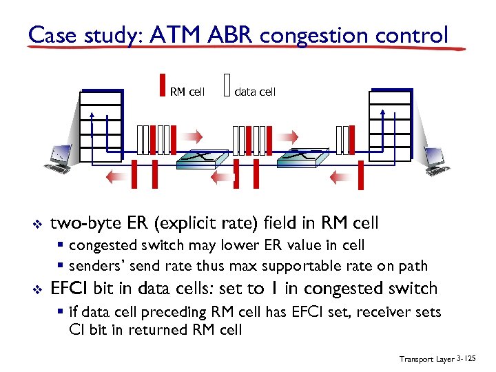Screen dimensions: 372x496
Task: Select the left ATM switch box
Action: pos(200,159)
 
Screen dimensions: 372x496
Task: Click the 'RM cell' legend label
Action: pos(187,92)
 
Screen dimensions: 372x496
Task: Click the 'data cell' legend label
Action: pos(255,92)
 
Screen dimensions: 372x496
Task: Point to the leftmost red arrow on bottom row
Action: pos(116,177)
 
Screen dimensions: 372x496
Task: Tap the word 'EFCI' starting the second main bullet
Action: pos(72,289)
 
